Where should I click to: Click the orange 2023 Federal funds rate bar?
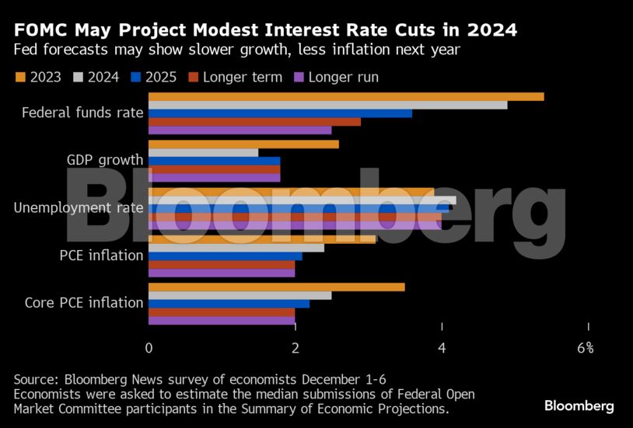[346, 96]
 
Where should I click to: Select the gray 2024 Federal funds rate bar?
[327, 105]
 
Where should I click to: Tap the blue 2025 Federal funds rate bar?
[280, 113]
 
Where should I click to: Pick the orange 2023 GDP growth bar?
[243, 144]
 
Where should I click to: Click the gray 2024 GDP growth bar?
[203, 152]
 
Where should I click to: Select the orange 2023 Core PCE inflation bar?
[276, 287]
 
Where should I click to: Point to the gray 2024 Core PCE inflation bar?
[240, 295]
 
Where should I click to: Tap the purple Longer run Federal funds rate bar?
[240, 130]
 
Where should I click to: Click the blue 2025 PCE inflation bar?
[225, 256]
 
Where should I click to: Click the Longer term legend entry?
[235, 77]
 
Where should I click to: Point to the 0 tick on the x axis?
[149, 348]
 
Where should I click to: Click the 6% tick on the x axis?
[586, 348]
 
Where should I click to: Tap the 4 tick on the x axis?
[442, 348]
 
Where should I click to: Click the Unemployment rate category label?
[79, 207]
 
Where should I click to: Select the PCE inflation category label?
[101, 255]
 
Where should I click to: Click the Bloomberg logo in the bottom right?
[579, 405]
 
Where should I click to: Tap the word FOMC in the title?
[40, 30]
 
